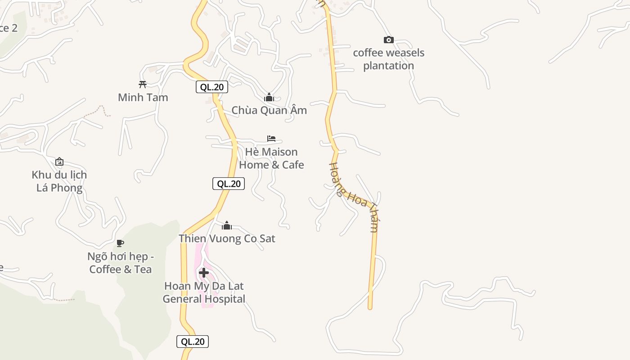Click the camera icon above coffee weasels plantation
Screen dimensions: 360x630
(x=388, y=40)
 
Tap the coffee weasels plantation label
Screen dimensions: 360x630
(x=388, y=59)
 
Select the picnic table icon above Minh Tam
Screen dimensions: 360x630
(x=143, y=84)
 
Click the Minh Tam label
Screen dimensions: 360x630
(x=143, y=97)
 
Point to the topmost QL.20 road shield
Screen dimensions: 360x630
(x=211, y=87)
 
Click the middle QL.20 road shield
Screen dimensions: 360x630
(x=229, y=184)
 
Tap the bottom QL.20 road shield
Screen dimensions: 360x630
(x=193, y=342)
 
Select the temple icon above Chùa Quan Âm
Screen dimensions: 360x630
(x=269, y=97)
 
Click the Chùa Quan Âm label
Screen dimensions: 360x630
(x=269, y=110)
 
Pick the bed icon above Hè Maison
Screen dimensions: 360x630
(x=271, y=139)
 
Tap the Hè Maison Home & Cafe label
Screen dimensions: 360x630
(x=271, y=158)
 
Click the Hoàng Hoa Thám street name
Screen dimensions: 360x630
(x=354, y=197)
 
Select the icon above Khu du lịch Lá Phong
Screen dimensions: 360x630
(x=59, y=162)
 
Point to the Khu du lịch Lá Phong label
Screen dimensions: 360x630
(x=59, y=181)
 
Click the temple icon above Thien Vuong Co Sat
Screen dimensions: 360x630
(x=227, y=225)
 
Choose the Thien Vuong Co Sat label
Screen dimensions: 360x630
(x=227, y=238)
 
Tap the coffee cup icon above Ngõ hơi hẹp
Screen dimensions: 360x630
(x=120, y=243)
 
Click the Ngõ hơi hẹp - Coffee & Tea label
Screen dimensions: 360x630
(x=121, y=263)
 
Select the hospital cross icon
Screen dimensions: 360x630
(x=204, y=273)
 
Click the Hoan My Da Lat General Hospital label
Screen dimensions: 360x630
(x=204, y=292)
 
